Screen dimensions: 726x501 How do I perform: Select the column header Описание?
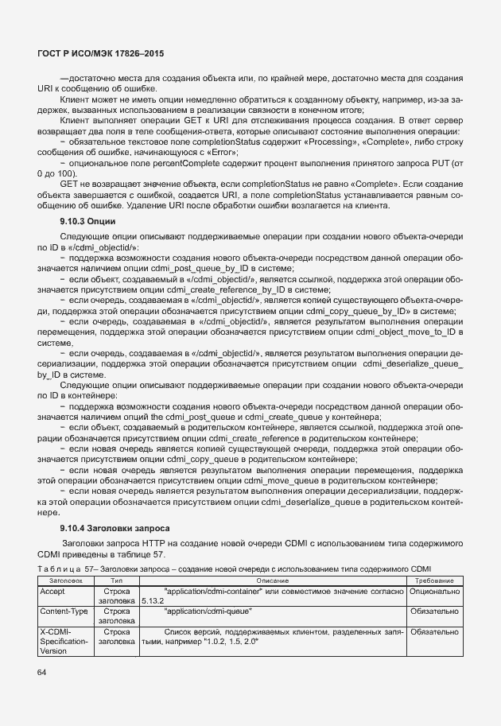click(273, 581)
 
